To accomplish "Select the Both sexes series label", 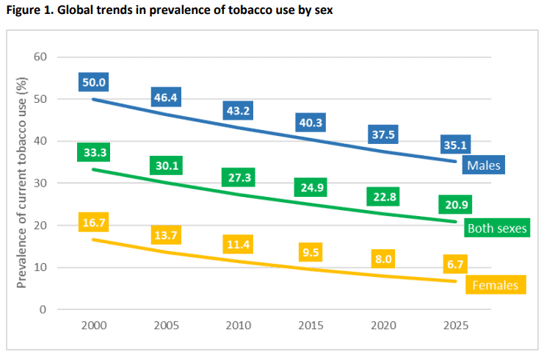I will tap(497, 228).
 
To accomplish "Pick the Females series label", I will tap(495, 284).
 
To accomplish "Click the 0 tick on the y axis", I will tap(44, 309).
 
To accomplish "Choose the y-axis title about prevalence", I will tap(21, 183).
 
